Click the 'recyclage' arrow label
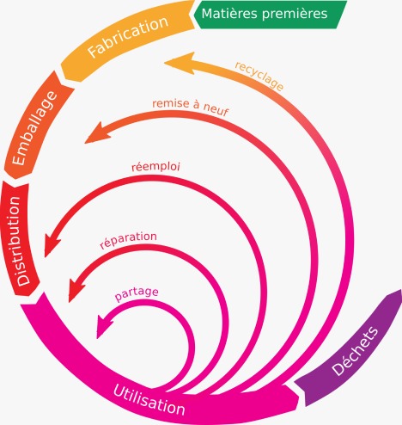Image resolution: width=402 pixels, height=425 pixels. tap(259, 77)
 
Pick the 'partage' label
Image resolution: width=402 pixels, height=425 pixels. tap(137, 293)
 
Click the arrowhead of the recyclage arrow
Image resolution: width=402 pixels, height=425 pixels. tap(174, 62)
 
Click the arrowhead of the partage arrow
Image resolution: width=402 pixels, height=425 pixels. tap(106, 325)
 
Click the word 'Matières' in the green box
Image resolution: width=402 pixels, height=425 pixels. tap(238, 14)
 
